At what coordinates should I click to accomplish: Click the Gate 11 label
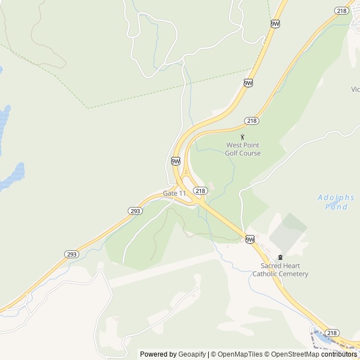174,193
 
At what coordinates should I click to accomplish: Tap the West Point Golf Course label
243,149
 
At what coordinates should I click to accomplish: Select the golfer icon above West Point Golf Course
243,136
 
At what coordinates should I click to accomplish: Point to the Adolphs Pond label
336,202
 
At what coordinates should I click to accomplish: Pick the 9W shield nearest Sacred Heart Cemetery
250,240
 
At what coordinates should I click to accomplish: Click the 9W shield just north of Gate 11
175,161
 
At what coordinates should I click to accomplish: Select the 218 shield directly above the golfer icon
251,121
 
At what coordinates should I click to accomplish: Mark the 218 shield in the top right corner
341,11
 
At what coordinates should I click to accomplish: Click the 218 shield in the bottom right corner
332,333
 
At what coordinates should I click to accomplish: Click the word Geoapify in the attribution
192,354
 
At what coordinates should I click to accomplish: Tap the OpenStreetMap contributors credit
316,354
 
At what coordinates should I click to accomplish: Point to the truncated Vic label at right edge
355,89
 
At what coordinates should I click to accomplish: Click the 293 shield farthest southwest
71,254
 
